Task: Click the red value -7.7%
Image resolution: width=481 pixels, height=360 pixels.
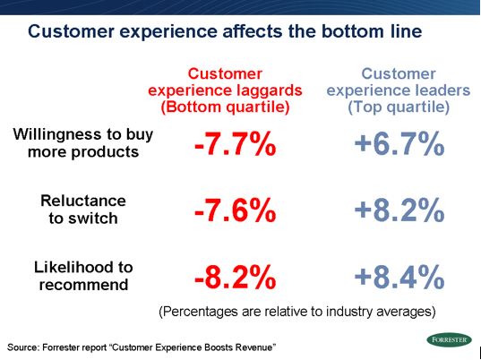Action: (236, 144)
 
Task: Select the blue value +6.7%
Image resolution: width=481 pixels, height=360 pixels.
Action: (399, 144)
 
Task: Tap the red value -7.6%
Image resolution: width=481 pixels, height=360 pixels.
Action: (236, 210)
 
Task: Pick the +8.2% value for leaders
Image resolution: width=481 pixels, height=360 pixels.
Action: (399, 210)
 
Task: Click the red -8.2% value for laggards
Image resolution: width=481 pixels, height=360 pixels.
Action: (236, 278)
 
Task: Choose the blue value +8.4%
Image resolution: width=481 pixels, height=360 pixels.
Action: (399, 278)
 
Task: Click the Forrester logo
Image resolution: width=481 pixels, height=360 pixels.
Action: (449, 339)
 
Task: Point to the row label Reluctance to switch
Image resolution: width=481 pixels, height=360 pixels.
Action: (83, 210)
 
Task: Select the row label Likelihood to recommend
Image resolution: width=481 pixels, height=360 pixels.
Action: (83, 276)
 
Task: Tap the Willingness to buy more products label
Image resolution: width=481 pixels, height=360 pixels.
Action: (82, 143)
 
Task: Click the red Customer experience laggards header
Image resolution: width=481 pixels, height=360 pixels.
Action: (225, 90)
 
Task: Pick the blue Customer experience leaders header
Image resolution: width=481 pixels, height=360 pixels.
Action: (399, 90)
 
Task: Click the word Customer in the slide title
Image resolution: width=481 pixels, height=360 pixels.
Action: (71, 31)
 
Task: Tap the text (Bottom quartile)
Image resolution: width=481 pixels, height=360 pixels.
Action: (225, 107)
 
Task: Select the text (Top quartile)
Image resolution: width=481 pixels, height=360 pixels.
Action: (399, 107)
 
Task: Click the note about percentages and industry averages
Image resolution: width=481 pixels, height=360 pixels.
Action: (297, 312)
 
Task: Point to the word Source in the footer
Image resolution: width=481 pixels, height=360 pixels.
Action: (22, 347)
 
